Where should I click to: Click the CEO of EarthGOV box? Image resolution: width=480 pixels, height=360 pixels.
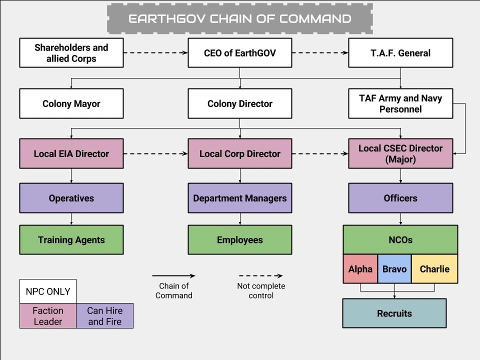[x=239, y=53]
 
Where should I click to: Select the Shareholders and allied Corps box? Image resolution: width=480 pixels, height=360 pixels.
[x=71, y=53]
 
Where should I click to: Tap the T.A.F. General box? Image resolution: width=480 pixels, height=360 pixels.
[x=400, y=53]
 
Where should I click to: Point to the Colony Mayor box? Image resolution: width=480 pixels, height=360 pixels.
[x=71, y=103]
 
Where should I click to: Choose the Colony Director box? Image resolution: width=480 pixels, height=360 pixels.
[x=239, y=103]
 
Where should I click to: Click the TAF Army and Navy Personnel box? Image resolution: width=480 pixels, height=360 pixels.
[x=400, y=103]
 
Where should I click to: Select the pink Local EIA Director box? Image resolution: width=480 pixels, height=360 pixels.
[x=71, y=153]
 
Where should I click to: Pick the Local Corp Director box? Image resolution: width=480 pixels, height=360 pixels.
[x=239, y=153]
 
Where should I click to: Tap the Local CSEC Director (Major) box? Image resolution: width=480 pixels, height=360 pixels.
[x=400, y=153]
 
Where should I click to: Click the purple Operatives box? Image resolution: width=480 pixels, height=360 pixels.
[x=71, y=198]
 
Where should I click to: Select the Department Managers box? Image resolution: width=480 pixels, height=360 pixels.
[x=239, y=198]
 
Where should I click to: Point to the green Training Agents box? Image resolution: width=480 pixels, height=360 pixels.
[x=71, y=239]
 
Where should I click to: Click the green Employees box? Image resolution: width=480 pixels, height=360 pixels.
[x=239, y=239]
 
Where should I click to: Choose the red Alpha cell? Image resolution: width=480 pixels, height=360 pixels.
[x=360, y=269]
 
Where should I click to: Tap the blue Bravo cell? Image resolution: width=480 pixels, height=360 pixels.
[x=394, y=269]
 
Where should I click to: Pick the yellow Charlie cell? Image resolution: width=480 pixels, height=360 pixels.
[x=434, y=269]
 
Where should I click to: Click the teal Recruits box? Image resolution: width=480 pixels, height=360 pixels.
[x=394, y=313]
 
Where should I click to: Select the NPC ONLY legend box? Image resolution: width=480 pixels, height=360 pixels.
[x=48, y=291]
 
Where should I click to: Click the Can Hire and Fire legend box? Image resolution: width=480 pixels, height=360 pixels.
[x=105, y=316]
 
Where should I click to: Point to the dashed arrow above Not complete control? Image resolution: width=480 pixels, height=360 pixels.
[x=260, y=275]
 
